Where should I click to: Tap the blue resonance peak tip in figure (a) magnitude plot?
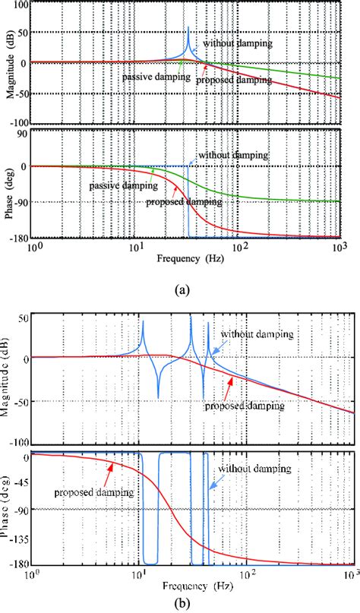(x=188, y=28)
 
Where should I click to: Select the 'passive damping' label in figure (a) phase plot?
(x=117, y=185)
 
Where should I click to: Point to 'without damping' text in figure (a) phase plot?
(x=233, y=154)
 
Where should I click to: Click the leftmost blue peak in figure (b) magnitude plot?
(x=142, y=322)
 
